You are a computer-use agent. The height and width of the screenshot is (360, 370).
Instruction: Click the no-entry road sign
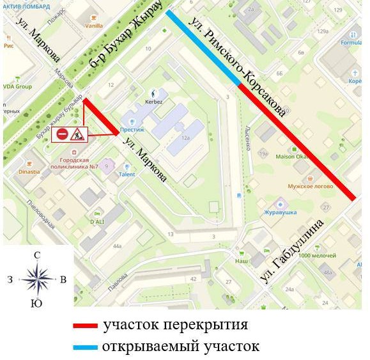point(63,134)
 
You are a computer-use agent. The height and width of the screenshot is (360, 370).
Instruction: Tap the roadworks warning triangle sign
point(78,134)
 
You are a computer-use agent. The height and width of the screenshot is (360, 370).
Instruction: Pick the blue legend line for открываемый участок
point(86,347)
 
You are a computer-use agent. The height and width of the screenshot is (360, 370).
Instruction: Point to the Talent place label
point(125,174)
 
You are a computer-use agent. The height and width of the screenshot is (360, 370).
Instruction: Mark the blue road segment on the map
point(202,47)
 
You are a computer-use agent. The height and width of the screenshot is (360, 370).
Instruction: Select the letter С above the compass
point(37,255)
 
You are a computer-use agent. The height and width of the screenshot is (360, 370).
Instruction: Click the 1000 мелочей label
point(317,256)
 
